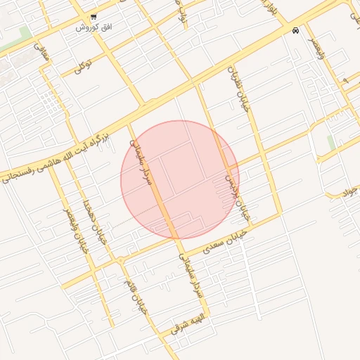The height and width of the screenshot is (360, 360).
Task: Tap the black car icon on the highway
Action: point(295,31)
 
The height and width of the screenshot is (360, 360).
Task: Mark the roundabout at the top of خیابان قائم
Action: point(121,260)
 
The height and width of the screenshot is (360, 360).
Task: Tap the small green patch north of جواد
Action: point(330,143)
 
